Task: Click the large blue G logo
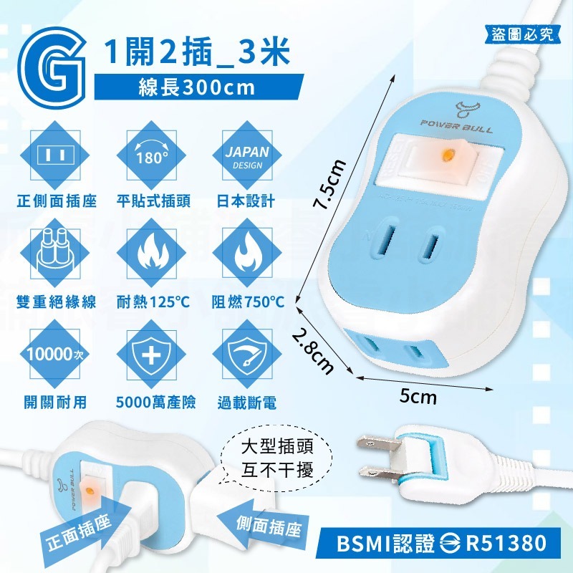(51, 69)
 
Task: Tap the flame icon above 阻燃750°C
(248, 255)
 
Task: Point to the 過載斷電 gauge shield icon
(248, 354)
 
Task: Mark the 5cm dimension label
(418, 396)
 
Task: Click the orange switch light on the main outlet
(448, 155)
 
